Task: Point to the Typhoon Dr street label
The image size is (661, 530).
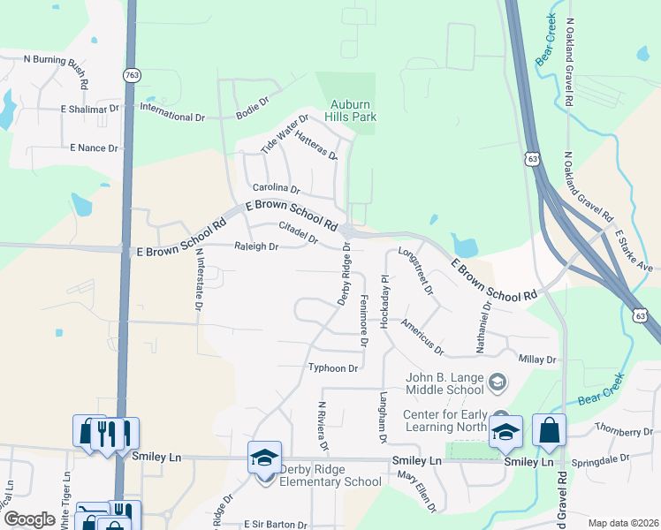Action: (332, 367)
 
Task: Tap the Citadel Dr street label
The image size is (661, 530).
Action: (298, 232)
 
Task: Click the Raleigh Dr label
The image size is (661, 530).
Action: (255, 247)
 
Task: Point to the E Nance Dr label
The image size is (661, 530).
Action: (94, 148)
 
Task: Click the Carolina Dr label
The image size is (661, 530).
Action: (277, 189)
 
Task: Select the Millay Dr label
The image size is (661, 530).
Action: (537, 360)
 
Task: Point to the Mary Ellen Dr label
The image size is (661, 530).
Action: (417, 491)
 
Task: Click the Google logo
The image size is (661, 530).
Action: (29, 519)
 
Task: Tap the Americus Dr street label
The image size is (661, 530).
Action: (422, 337)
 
